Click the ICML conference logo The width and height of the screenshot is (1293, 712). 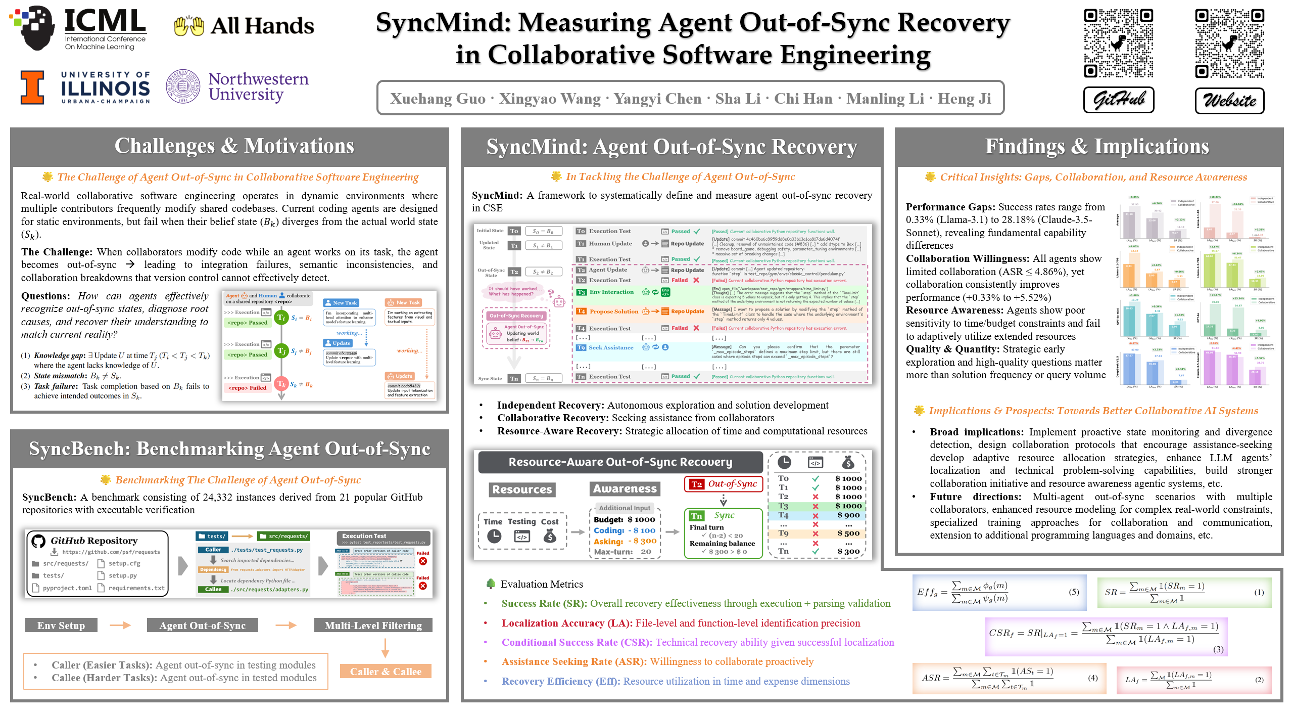pyautogui.click(x=79, y=28)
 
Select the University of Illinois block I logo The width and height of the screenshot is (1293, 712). pyautogui.click(x=32, y=87)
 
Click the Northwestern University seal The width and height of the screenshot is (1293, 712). pyautogui.click(x=183, y=86)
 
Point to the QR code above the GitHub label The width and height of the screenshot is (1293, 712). pyautogui.click(x=1118, y=43)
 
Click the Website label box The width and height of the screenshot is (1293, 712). pyautogui.click(x=1229, y=100)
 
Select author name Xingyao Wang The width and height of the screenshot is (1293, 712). pyautogui.click(x=550, y=99)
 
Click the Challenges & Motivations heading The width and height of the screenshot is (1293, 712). pyautogui.click(x=234, y=146)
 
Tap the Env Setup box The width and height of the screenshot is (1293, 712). pyautogui.click(x=61, y=626)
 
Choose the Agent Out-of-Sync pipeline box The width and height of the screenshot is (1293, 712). pyautogui.click(x=202, y=626)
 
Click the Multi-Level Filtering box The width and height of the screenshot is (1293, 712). pyautogui.click(x=373, y=626)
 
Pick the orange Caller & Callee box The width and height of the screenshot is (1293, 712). pyautogui.click(x=386, y=672)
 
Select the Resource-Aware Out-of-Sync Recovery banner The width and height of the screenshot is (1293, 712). pyautogui.click(x=620, y=462)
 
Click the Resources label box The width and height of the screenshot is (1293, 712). pyautogui.click(x=522, y=490)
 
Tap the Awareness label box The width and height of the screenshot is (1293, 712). pyautogui.click(x=625, y=488)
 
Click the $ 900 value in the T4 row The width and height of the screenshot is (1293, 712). pyautogui.click(x=848, y=515)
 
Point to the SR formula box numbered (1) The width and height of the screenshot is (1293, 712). pyautogui.click(x=1184, y=592)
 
